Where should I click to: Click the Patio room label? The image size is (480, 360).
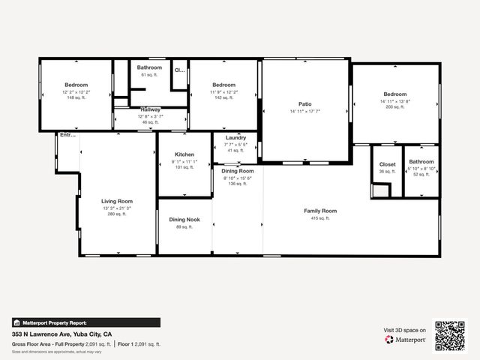click(x=305, y=103)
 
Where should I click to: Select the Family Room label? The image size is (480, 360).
click(x=320, y=211)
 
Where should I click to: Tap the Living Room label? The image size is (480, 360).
click(x=117, y=201)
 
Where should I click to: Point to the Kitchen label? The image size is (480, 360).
click(x=184, y=154)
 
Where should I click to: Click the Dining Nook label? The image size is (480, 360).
click(x=184, y=220)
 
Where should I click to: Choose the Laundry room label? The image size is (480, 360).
click(x=235, y=138)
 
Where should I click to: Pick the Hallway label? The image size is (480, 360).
click(x=150, y=110)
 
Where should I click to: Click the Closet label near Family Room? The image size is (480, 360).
click(x=387, y=164)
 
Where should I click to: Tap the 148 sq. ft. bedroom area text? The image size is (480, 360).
click(x=76, y=97)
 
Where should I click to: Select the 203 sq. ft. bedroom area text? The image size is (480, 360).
click(x=395, y=107)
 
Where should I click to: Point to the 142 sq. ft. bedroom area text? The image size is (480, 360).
click(x=223, y=97)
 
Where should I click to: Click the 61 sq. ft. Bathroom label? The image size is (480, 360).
click(x=149, y=67)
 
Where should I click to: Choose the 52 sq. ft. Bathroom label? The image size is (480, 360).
click(x=421, y=162)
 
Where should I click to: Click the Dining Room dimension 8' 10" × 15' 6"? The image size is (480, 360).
click(x=238, y=178)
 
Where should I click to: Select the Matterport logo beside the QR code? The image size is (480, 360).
click(x=406, y=340)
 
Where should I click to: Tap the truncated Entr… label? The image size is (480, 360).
click(x=67, y=135)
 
